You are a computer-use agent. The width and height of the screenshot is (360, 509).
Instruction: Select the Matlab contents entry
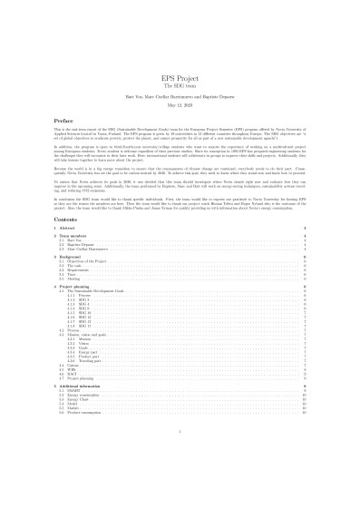[72, 410]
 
